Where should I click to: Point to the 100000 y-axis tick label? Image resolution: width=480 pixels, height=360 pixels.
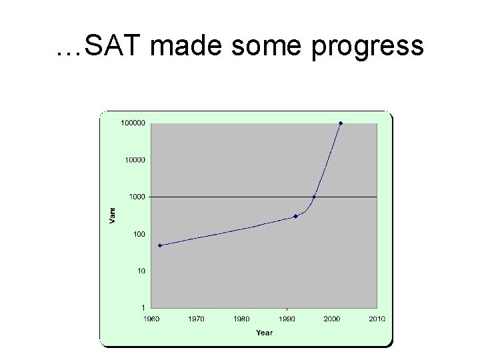(x=133, y=123)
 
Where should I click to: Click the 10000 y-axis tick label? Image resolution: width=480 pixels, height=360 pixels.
(x=135, y=160)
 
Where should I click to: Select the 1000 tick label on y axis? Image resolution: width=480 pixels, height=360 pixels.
(x=137, y=197)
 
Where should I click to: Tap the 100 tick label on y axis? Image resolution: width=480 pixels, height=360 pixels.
(x=139, y=234)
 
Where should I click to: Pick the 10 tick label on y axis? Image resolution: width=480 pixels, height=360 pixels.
(x=141, y=271)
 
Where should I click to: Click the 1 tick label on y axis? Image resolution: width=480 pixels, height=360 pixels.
(x=143, y=308)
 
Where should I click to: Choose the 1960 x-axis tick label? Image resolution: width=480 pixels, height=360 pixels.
(x=151, y=319)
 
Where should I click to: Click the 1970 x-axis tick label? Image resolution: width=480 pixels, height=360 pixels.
(x=196, y=319)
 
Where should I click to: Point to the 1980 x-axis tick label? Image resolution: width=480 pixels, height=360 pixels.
(x=241, y=319)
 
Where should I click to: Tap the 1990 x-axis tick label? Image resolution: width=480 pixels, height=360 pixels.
(x=287, y=319)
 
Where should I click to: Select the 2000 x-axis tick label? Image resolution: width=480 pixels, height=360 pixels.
(x=331, y=319)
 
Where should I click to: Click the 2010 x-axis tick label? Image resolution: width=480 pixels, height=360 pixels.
(x=377, y=319)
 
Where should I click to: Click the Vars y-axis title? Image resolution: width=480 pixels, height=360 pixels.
(x=112, y=215)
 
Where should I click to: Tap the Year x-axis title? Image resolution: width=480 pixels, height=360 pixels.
(x=264, y=333)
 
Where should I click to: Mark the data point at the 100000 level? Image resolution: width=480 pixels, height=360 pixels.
(x=341, y=123)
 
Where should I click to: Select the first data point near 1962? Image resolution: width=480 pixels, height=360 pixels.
(x=160, y=245)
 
